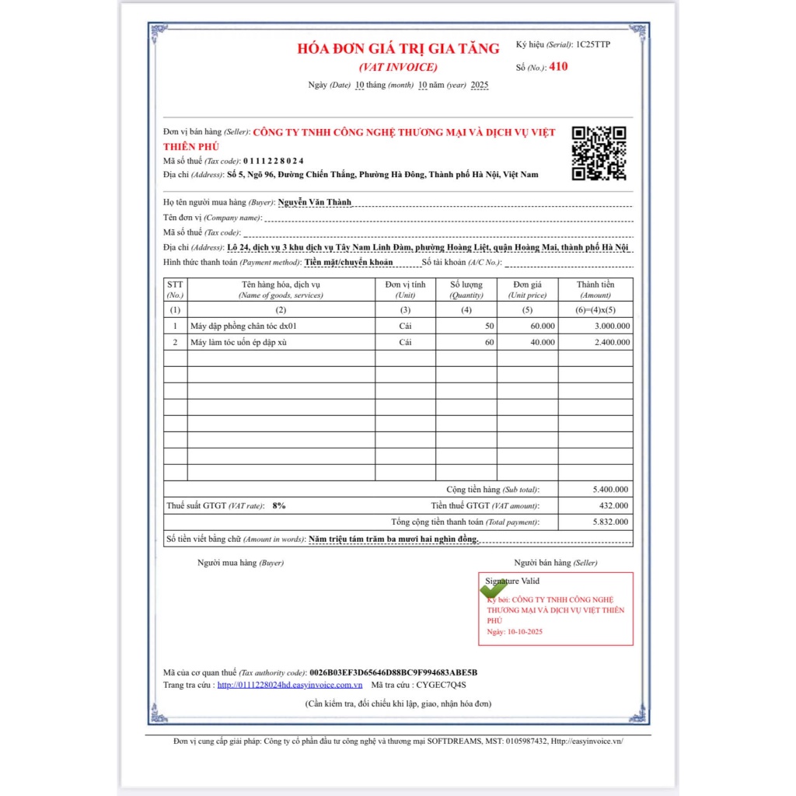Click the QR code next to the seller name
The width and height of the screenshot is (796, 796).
599,153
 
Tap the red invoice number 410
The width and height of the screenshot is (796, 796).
558,67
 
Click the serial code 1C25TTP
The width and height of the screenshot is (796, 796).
593,44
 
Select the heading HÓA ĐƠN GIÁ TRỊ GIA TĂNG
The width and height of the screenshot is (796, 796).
398,48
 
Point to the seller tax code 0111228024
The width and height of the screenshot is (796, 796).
273,161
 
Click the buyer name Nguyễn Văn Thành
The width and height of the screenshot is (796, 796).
314,202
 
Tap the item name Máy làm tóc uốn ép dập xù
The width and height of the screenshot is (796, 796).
233,342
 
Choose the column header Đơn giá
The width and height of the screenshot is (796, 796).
527,285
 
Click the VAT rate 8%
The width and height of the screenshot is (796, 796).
278,506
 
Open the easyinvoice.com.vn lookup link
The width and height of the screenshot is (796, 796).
290,685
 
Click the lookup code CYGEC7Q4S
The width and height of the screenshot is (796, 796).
440,685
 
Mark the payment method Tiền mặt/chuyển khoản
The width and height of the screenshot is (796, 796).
348,263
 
